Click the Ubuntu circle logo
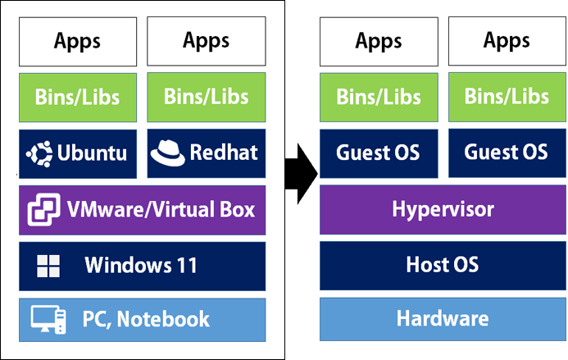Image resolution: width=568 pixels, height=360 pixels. (39, 153)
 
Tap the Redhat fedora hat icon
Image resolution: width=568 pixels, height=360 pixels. (167, 153)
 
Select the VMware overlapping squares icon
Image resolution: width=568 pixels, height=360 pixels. (43, 210)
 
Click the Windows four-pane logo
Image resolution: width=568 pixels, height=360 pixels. (48, 266)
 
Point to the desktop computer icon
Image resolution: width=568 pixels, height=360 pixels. (48, 319)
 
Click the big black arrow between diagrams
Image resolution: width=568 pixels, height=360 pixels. (302, 174)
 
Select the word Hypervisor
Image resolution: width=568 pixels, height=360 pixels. (443, 210)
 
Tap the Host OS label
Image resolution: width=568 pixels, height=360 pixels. (443, 264)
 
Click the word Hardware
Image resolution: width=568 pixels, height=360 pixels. (443, 318)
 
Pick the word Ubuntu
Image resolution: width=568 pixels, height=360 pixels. (92, 153)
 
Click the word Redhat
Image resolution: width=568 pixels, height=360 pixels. (224, 152)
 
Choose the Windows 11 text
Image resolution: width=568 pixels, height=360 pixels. (141, 265)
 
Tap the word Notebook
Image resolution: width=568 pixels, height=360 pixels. (163, 319)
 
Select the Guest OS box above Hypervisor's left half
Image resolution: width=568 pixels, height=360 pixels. (379, 153)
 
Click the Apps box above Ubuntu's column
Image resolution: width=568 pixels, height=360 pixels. (78, 42)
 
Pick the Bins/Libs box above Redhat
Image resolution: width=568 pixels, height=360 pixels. (207, 97)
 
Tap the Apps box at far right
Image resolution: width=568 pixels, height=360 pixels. (507, 41)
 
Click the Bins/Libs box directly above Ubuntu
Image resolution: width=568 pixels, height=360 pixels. (78, 98)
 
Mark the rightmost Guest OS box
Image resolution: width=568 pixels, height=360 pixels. (507, 153)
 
